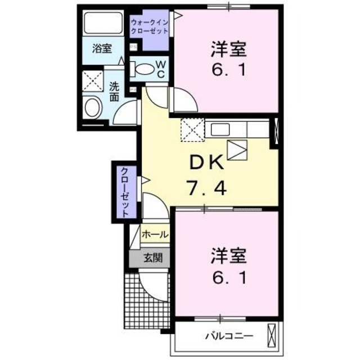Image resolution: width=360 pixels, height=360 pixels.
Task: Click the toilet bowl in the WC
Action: pyautogui.click(x=144, y=69)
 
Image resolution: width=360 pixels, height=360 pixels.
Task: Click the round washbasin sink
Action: pyautogui.click(x=91, y=107)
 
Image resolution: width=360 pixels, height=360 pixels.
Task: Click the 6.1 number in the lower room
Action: pyautogui.click(x=228, y=278)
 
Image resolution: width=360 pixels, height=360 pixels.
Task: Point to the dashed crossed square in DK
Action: pyautogui.click(x=192, y=131)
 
